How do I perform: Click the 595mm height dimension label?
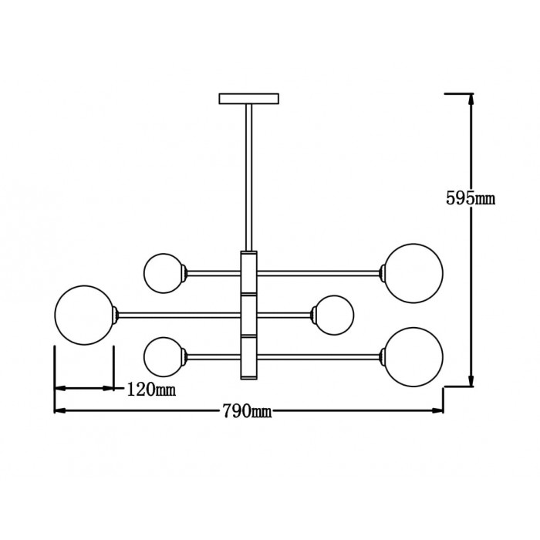(470, 198)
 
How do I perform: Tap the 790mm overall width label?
(246, 411)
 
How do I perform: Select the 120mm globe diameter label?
(150, 390)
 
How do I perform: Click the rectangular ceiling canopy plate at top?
(249, 99)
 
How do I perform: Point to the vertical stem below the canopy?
(249, 177)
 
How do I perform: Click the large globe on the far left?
(85, 314)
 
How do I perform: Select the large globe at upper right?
(414, 272)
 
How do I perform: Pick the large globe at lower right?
(414, 356)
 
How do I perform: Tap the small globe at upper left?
(164, 272)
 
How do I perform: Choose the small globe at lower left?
(164, 356)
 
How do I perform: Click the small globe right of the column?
(333, 315)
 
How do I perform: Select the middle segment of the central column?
(249, 314)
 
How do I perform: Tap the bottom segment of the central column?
(249, 356)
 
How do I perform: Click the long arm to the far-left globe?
(177, 314)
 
